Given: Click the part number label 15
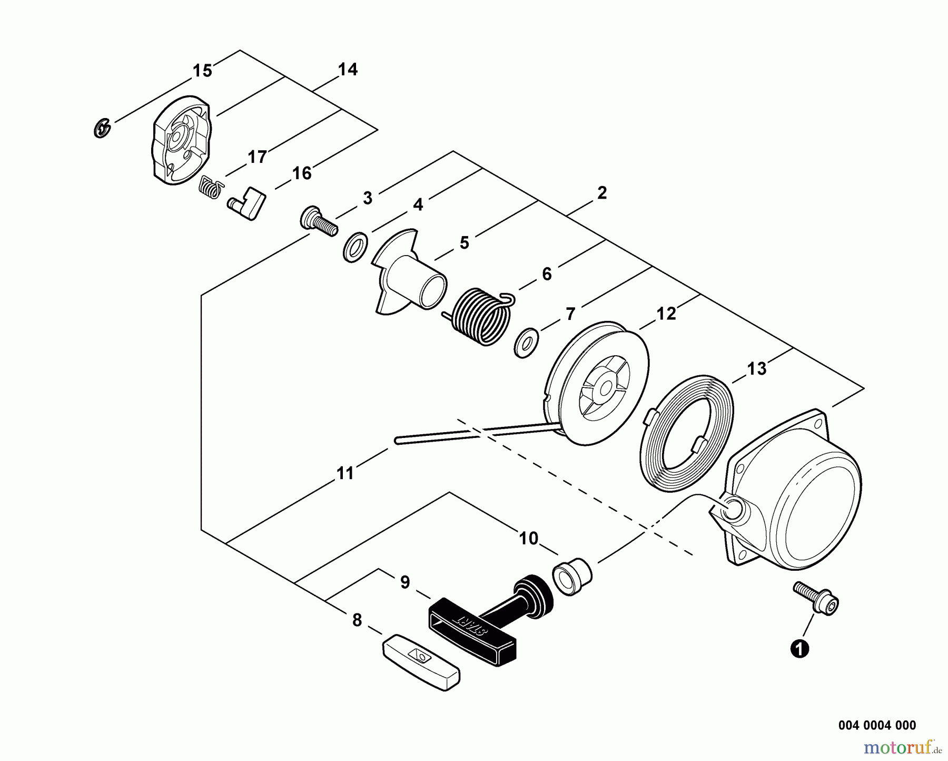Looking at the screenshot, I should (202, 71).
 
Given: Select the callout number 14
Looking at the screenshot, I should (348, 70).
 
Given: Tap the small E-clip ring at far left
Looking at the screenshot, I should (102, 128).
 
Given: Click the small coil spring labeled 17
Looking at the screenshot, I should (212, 187).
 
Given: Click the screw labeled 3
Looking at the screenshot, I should (318, 223).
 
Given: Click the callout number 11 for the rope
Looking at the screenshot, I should (345, 473).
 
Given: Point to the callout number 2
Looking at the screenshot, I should (602, 193).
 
